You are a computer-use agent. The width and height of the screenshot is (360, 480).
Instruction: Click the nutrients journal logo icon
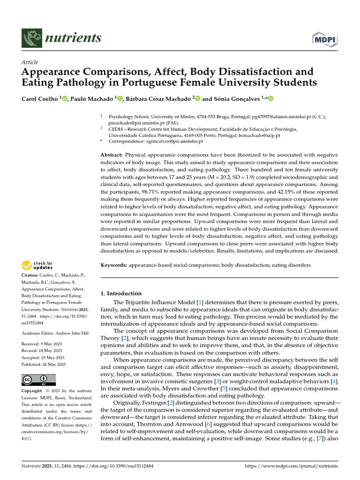31,38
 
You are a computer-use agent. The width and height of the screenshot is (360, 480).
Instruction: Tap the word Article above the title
30,62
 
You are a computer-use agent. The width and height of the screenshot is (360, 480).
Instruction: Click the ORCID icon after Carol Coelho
65,98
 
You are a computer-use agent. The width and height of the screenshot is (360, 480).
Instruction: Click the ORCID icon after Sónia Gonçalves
270,98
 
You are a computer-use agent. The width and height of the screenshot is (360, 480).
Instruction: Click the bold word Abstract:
112,155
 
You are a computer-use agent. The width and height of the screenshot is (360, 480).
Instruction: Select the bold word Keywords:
114,265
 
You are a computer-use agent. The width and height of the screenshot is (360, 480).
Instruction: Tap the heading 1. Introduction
121,293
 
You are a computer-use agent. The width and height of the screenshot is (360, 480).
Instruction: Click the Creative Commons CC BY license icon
38,379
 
